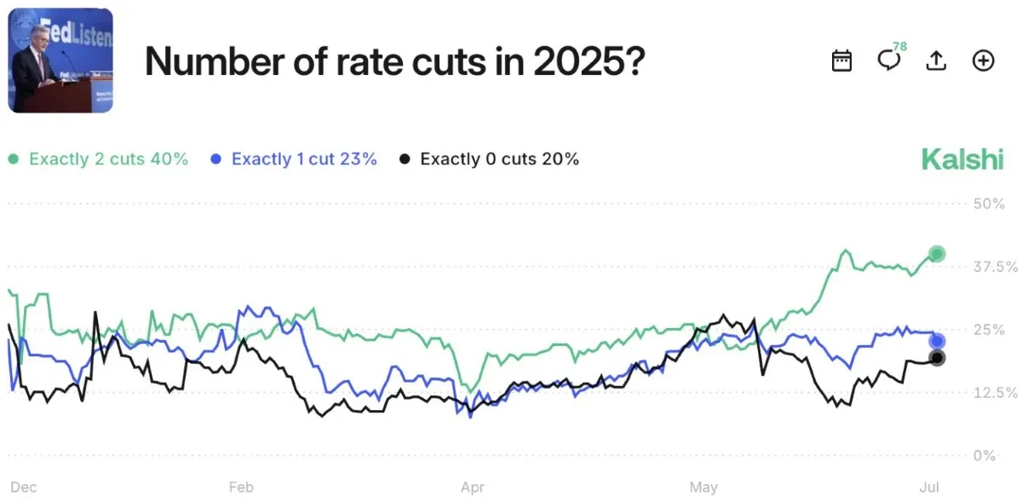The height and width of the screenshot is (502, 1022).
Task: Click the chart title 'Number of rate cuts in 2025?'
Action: (x=393, y=61)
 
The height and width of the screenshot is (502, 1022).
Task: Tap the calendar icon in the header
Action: (x=841, y=61)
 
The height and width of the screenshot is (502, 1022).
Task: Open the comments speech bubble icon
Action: (x=888, y=61)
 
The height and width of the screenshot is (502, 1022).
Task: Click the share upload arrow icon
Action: (x=936, y=61)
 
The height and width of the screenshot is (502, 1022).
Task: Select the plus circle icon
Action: (x=984, y=61)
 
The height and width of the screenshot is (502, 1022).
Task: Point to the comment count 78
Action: (x=899, y=45)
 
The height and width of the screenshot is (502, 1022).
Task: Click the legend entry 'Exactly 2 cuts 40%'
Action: (x=99, y=159)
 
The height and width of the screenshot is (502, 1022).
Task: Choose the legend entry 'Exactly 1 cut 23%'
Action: (x=294, y=159)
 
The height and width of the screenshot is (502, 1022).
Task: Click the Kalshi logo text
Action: (x=962, y=159)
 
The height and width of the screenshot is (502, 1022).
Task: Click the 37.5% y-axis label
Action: (x=994, y=267)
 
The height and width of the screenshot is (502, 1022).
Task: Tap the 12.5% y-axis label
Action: (x=994, y=393)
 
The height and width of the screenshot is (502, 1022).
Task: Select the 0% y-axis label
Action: (x=984, y=456)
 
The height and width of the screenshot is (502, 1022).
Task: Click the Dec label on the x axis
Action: (x=23, y=488)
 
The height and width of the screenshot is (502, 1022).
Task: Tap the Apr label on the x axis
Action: (x=473, y=488)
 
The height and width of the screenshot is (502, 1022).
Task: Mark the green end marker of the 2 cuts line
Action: (x=937, y=253)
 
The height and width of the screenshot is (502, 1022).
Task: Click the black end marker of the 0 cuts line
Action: (x=937, y=358)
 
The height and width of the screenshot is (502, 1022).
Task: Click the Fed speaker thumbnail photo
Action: (x=60, y=61)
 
